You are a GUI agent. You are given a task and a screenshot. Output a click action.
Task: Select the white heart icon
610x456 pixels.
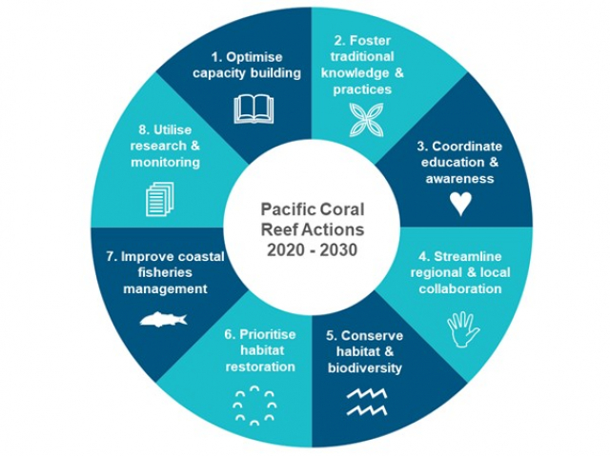460,203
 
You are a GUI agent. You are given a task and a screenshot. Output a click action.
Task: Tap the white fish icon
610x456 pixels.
163,319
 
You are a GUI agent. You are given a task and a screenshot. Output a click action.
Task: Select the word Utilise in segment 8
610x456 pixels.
168,129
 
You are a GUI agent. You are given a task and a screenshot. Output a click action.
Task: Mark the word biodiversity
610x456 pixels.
365,367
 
